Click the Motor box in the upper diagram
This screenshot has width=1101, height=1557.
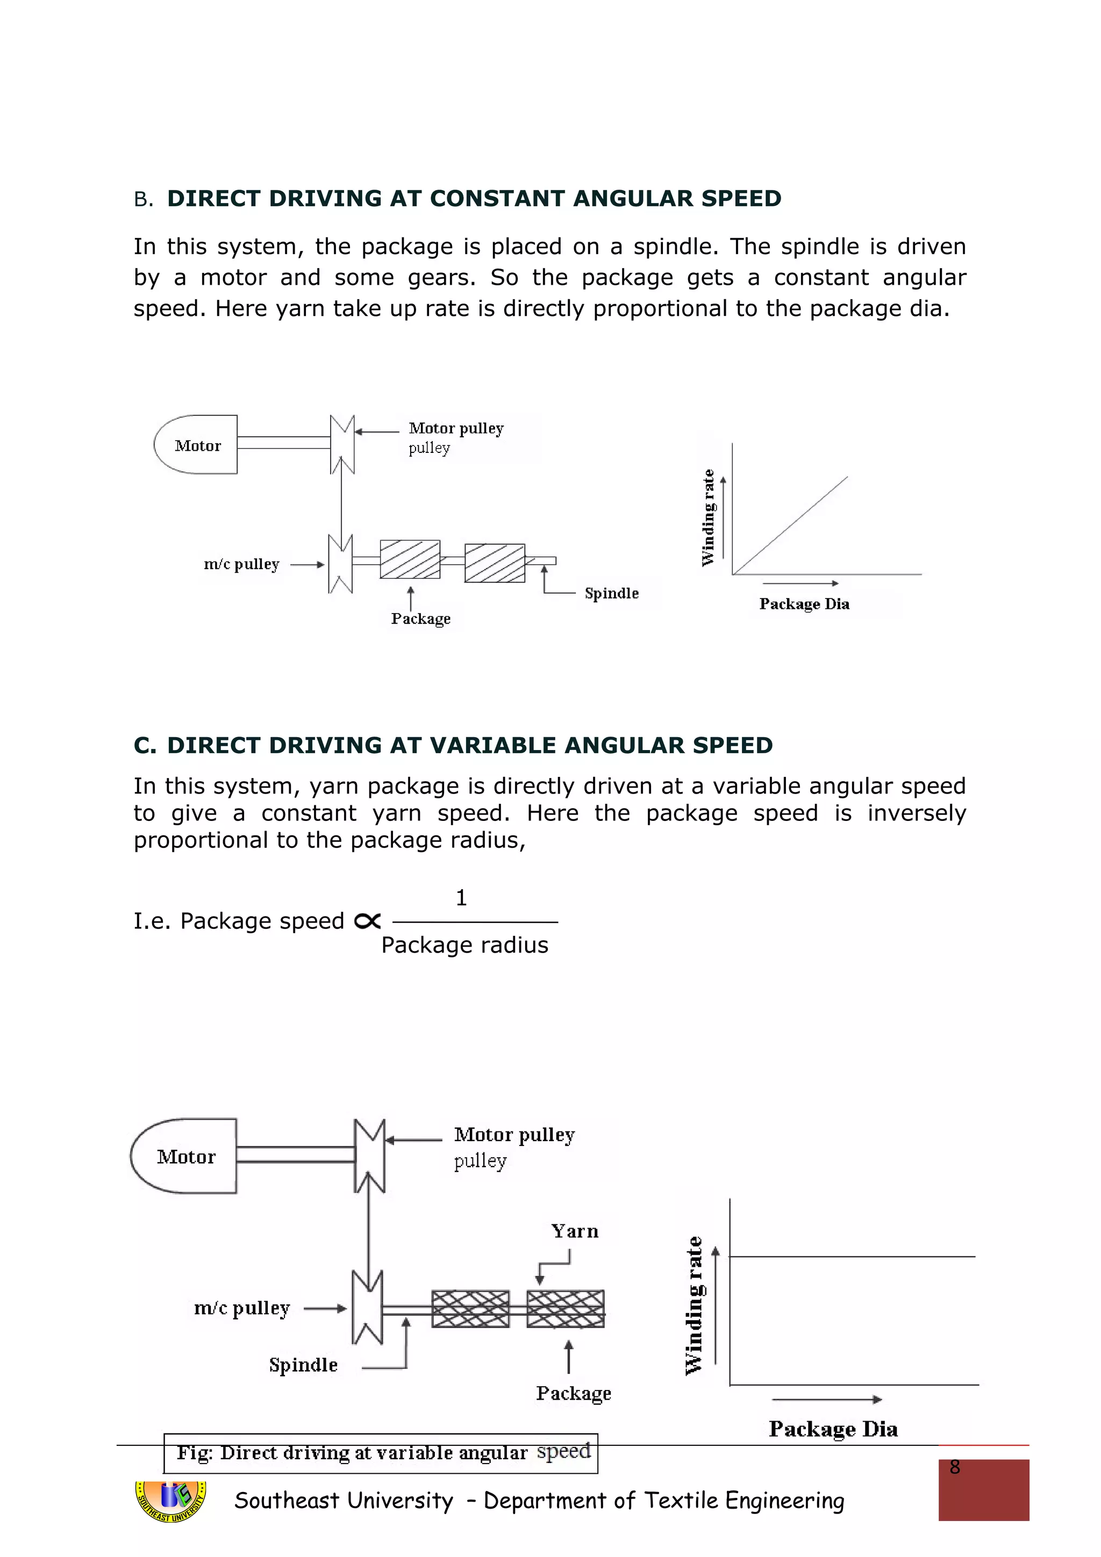(197, 445)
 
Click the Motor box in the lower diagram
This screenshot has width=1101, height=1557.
(185, 1156)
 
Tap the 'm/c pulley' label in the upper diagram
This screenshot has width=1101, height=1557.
(241, 564)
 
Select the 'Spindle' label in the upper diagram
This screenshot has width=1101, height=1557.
(611, 593)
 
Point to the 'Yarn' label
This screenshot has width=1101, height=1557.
(575, 1231)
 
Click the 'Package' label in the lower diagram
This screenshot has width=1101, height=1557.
(573, 1393)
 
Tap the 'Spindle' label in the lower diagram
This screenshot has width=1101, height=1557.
(303, 1365)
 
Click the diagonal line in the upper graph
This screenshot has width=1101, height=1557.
(790, 525)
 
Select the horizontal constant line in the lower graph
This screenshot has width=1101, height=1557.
(852, 1257)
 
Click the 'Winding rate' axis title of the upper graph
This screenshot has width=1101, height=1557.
(708, 517)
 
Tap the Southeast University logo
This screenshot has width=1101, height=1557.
(171, 1501)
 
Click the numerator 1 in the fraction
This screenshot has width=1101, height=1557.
(461, 898)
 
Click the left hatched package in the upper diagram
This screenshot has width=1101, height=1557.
(410, 559)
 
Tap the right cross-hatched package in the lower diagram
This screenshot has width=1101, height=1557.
(565, 1308)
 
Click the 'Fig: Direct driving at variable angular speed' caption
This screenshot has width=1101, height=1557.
(381, 1453)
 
